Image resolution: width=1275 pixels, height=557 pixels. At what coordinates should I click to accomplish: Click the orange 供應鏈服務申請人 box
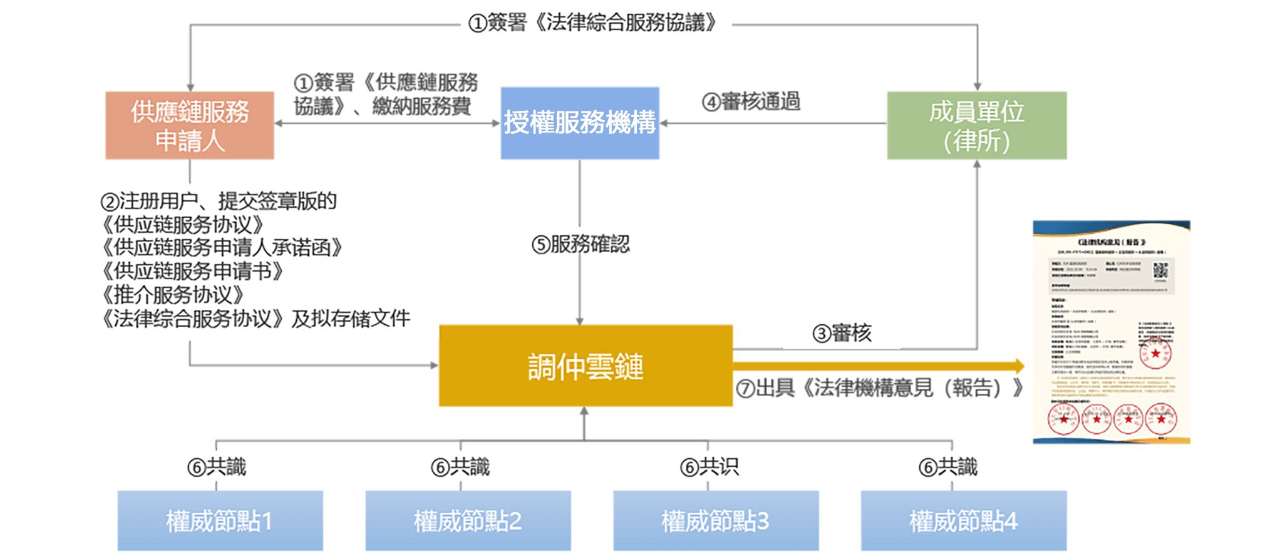(x=190, y=126)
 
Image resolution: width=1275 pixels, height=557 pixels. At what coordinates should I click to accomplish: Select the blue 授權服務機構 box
(x=580, y=123)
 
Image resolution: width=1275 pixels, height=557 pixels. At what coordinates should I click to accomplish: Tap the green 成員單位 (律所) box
(x=976, y=126)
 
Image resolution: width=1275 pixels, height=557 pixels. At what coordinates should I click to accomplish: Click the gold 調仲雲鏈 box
(x=586, y=366)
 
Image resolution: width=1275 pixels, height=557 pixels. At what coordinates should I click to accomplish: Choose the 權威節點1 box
(x=220, y=521)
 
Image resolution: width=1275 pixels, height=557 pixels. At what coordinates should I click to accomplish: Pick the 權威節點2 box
(x=468, y=521)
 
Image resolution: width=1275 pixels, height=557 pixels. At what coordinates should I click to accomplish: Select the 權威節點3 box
(x=715, y=521)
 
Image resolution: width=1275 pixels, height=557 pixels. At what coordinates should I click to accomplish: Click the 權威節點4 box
(x=963, y=521)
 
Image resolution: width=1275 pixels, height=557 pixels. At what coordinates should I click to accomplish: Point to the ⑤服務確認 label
(x=581, y=243)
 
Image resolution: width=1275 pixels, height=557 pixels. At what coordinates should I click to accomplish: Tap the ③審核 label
(x=842, y=333)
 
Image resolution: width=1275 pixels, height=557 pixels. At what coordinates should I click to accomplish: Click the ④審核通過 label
(x=751, y=101)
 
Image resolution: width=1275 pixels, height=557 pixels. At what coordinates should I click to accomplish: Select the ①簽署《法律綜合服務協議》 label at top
(x=596, y=24)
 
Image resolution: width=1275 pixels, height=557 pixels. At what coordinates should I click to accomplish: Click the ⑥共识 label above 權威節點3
(x=709, y=466)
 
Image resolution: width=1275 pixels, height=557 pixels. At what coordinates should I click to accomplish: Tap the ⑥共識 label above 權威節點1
(x=216, y=466)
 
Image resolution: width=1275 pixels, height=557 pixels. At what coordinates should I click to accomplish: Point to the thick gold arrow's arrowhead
(x=1019, y=366)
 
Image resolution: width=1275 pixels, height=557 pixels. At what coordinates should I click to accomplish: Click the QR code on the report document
(x=1160, y=270)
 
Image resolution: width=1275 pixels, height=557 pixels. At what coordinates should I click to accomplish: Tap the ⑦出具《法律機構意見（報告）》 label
(x=880, y=389)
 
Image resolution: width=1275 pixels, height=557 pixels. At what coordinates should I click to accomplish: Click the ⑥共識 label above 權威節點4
(x=947, y=466)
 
